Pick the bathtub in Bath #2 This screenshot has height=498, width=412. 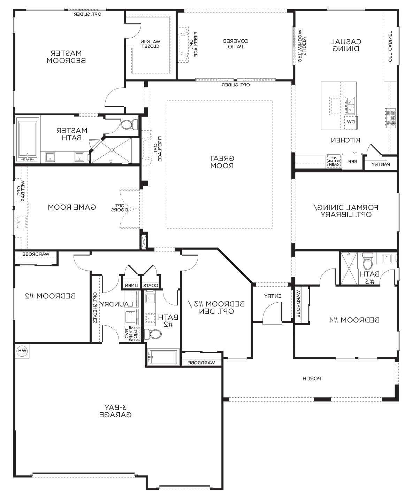[163, 357]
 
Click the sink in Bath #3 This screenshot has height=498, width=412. [387, 258]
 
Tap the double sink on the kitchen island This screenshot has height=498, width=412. [350, 106]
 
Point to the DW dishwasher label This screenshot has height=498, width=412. [351, 122]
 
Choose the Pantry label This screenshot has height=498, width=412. [380, 164]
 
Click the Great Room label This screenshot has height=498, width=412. [222, 162]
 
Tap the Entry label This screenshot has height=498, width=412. [273, 296]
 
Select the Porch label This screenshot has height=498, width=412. [312, 378]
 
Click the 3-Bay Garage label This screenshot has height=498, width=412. [115, 411]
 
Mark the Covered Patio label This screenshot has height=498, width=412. [236, 44]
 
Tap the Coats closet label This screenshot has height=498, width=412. [151, 286]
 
